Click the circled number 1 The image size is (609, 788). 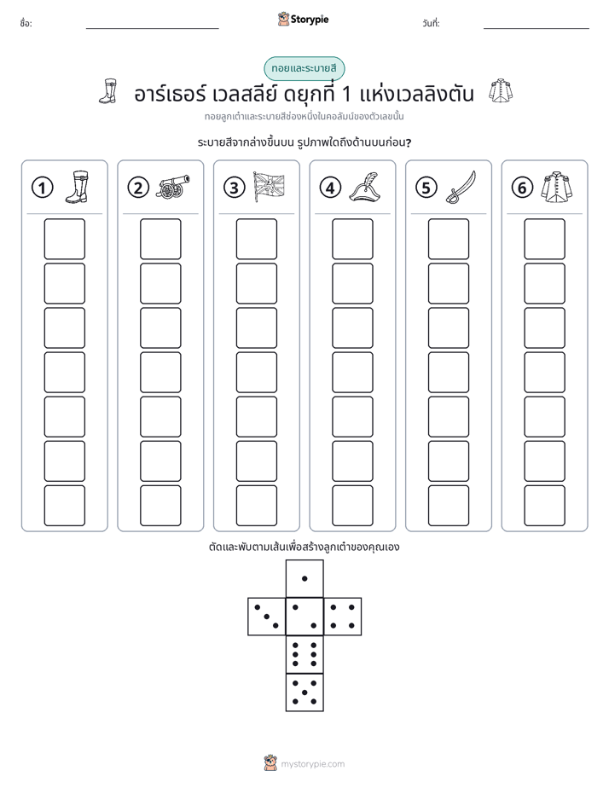[x=42, y=188]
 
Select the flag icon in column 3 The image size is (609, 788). [x=269, y=187]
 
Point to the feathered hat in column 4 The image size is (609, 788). [x=365, y=187]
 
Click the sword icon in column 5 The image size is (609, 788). [x=461, y=188]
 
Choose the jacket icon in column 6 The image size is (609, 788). [x=557, y=188]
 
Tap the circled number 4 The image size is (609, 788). [x=330, y=188]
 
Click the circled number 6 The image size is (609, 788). [x=522, y=188]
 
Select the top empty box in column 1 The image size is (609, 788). [x=64, y=239]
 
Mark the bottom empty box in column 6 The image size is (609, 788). [x=544, y=506]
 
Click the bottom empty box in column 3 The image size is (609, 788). [x=256, y=506]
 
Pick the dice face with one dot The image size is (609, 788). [x=304, y=579]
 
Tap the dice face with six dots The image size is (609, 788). [x=304, y=654]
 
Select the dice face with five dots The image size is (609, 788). [x=304, y=692]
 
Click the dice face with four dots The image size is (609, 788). [x=343, y=617]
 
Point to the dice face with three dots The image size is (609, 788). [x=266, y=617]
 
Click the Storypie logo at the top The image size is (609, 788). [x=303, y=20]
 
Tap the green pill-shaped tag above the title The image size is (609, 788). [x=304, y=69]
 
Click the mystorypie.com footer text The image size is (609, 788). [x=312, y=764]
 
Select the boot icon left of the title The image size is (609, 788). [x=108, y=91]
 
